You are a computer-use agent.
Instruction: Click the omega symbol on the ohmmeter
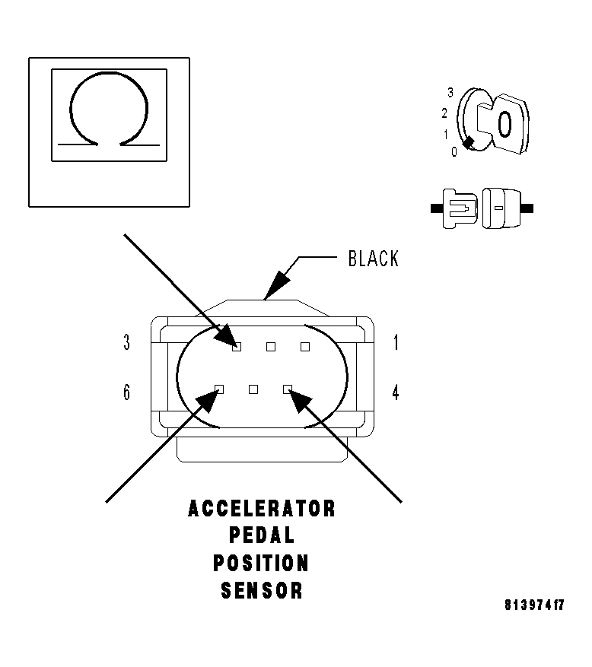pos(70,109)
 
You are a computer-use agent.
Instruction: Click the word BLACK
pos(374,259)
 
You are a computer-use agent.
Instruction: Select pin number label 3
pos(127,342)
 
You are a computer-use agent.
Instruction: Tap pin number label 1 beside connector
pos(396,342)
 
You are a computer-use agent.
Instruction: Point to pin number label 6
pos(127,392)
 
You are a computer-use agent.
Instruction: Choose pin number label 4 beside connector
pos(396,392)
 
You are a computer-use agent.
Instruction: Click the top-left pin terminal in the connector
pos(237,347)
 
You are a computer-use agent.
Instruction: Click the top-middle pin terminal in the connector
pos(271,347)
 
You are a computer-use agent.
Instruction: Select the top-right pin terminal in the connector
pos(304,347)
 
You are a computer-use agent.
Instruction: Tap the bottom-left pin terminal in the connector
pos(219,389)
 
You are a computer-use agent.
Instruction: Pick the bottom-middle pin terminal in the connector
pos(253,389)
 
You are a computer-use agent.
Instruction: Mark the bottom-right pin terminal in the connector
pos(288,389)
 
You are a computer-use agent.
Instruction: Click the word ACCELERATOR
pos(261,509)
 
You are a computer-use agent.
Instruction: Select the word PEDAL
pos(262,535)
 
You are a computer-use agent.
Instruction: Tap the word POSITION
pos(261,563)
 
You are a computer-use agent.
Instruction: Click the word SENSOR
pos(262,590)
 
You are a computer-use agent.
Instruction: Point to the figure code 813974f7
pos(534,605)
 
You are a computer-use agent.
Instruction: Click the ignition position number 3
pos(450,92)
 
